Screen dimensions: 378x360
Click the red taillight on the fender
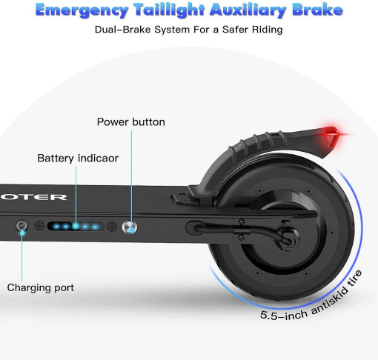pos(331,136)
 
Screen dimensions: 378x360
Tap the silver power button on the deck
pos(130,227)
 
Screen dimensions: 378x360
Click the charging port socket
pos(21,226)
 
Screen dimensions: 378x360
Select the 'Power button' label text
pos(131,122)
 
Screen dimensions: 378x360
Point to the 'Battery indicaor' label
pos(78,159)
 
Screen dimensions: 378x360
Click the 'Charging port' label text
pos(41,287)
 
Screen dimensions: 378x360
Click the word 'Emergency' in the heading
pos(82,10)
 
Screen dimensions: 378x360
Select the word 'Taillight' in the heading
pos(170,10)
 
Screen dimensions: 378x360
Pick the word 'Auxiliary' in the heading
pos(248,10)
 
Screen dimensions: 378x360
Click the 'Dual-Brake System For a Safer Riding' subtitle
pos(189,30)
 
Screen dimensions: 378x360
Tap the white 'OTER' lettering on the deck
pos(33,197)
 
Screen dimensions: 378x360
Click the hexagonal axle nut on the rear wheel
pos(288,240)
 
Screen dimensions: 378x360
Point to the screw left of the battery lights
pos(39,226)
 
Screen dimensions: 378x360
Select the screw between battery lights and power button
pos(112,226)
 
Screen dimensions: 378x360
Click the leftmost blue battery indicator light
pos(56,226)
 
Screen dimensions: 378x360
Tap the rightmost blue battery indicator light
pos(95,227)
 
